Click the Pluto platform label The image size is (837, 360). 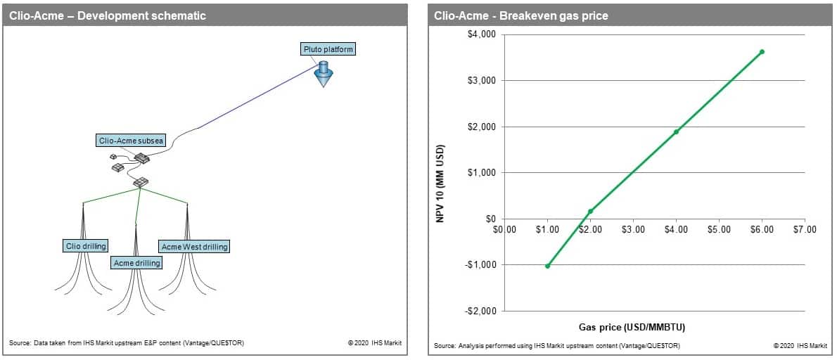327,50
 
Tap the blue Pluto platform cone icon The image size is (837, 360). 323,74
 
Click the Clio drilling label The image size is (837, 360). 84,246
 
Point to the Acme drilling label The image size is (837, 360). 136,263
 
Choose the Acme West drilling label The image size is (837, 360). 193,246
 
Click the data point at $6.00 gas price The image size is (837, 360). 762,52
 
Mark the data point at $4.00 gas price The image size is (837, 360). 677,131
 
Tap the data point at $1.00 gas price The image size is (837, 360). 548,266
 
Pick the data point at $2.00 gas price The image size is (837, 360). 590,211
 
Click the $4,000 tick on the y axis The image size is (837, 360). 482,34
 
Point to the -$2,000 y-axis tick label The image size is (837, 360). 480,311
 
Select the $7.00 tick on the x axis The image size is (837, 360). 805,230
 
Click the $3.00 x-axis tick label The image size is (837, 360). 633,230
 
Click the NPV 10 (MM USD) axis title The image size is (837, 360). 442,184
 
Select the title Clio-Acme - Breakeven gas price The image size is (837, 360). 521,16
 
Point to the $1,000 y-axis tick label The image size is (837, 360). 482,173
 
